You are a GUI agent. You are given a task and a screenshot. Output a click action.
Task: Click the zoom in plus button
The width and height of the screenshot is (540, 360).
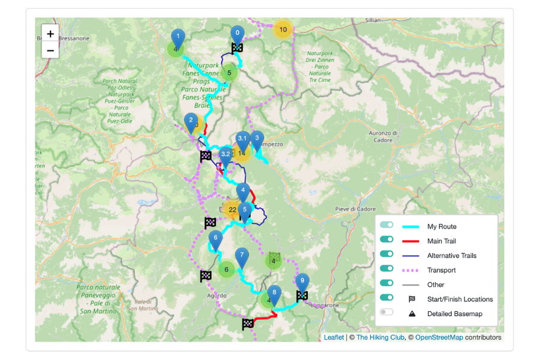click(x=50, y=34)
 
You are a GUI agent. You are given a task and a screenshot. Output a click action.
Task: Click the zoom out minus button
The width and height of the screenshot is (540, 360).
click(x=50, y=50)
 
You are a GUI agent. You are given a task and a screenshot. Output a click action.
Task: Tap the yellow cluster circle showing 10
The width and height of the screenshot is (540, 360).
click(x=283, y=29)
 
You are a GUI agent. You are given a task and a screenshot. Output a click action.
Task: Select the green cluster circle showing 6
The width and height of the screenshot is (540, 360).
click(x=226, y=269)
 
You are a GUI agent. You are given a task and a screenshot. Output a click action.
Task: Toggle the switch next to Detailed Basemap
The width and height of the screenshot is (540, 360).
click(x=387, y=313)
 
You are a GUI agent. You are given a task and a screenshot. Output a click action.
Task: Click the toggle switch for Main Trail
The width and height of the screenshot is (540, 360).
click(x=387, y=240)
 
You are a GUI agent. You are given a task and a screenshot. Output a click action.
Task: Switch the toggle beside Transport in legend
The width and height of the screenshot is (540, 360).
click(x=387, y=269)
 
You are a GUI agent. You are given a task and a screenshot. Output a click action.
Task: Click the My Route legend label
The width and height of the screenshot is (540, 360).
click(x=442, y=226)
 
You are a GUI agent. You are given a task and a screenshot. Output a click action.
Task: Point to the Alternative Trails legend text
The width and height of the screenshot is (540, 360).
click(x=451, y=256)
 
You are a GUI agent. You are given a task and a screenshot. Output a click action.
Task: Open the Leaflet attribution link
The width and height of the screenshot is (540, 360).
click(x=334, y=337)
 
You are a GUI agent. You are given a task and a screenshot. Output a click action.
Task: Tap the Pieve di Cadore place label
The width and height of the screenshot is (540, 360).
click(x=355, y=209)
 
